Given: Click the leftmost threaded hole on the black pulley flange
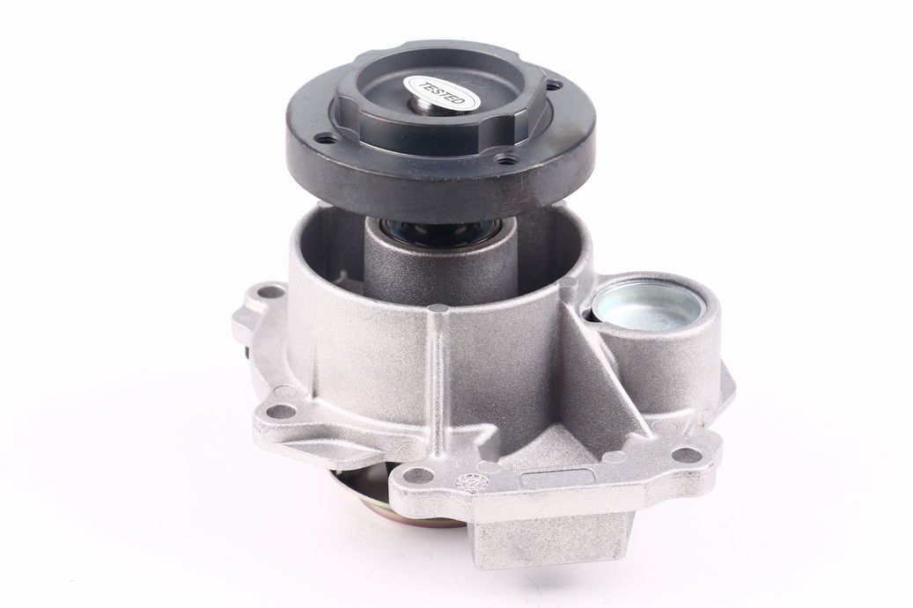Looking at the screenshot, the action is (x=325, y=140).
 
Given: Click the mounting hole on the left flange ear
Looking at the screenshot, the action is (x=280, y=412).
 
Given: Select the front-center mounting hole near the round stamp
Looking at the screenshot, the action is (x=415, y=473).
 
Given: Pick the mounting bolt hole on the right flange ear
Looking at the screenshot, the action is (x=685, y=454).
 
